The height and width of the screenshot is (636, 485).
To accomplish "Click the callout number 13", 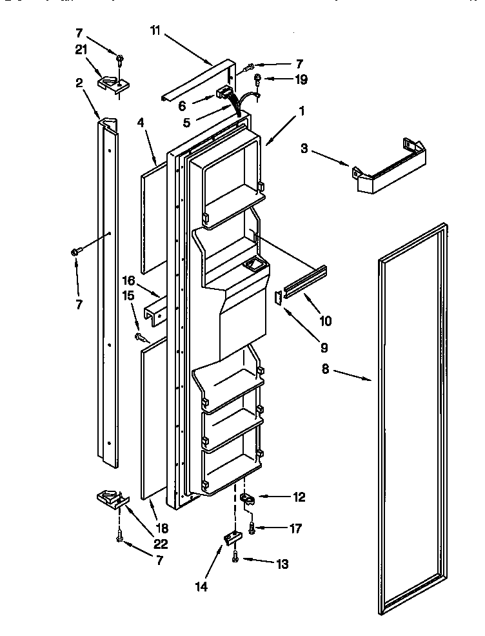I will point(282,564).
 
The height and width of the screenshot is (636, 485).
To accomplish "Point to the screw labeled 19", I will point(257,79).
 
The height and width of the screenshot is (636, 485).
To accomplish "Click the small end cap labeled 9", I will point(278,297).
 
